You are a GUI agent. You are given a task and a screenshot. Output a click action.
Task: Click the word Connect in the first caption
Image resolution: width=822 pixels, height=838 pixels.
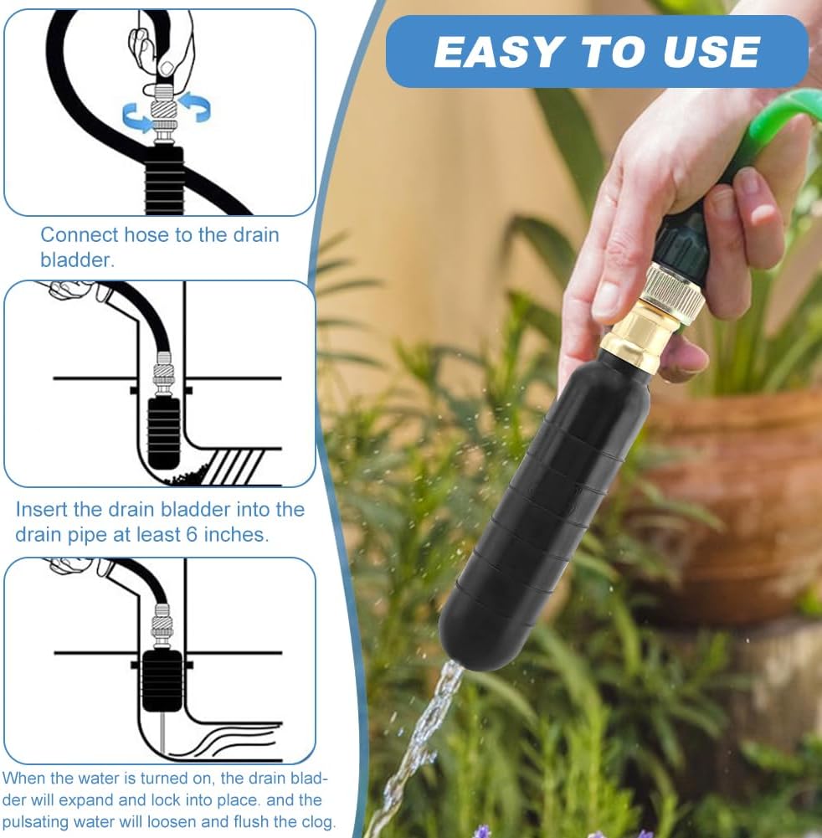pyautogui.click(x=80, y=234)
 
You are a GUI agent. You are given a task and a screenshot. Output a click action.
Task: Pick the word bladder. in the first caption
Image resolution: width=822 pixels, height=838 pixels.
pyautogui.click(x=78, y=260)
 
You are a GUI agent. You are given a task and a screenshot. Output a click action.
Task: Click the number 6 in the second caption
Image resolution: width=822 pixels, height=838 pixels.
pyautogui.click(x=193, y=534)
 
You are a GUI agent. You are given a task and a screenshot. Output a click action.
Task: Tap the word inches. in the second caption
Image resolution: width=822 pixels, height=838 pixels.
pyautogui.click(x=236, y=534)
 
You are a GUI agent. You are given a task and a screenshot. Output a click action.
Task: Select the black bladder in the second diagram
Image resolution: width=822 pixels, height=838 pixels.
pyautogui.click(x=164, y=431)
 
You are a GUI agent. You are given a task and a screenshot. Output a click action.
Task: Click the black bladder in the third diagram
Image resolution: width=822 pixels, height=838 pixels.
pyautogui.click(x=162, y=680)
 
